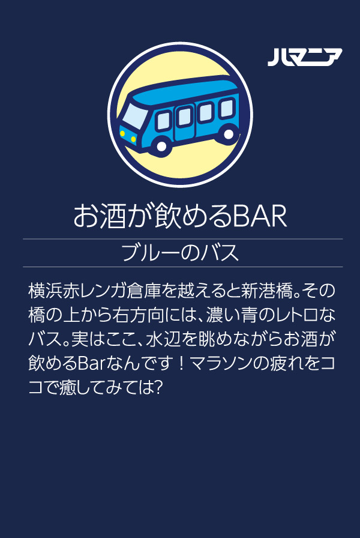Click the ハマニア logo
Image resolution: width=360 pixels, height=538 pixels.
click(305, 57)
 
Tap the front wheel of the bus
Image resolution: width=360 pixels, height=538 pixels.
click(161, 146)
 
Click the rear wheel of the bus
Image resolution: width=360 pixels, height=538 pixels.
click(228, 134)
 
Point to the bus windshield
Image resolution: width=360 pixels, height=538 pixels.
click(135, 116)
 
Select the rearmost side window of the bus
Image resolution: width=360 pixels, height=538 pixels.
click(227, 107)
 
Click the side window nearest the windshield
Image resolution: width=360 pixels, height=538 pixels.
click(164, 121)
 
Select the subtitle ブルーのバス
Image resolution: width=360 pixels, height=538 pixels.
click(180, 253)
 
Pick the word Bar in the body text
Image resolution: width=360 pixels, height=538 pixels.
click(91, 363)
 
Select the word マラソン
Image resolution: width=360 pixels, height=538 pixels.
click(221, 363)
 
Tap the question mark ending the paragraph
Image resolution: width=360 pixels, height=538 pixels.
click(157, 388)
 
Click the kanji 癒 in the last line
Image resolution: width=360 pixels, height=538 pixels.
click(68, 388)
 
